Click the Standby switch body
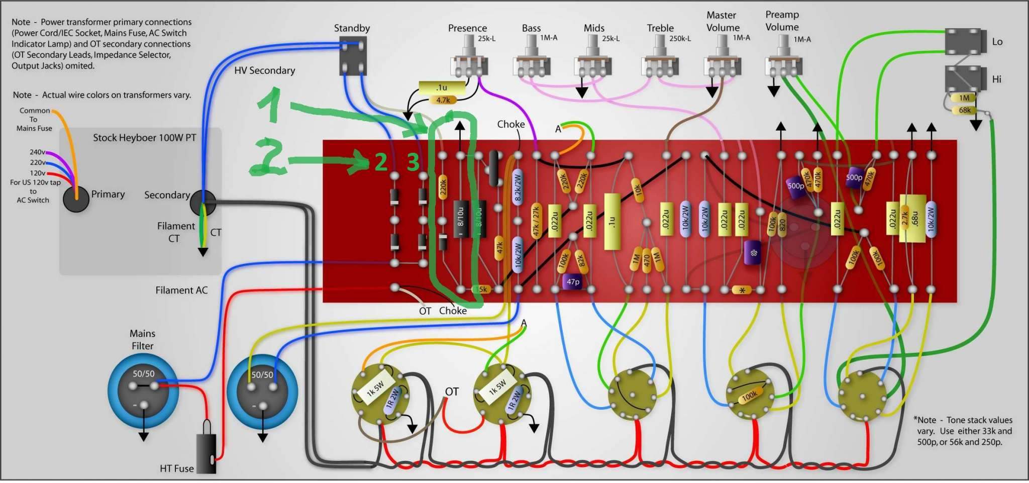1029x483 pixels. point(353,56)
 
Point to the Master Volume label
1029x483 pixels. point(723,22)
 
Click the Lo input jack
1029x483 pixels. point(962,41)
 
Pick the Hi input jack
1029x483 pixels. point(962,79)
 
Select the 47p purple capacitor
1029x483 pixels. point(573,282)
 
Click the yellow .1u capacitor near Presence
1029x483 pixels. point(442,88)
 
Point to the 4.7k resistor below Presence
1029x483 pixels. point(443,100)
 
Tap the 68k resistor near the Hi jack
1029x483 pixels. point(964,110)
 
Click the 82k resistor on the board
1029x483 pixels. point(581,260)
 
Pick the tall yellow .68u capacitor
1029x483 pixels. point(914,218)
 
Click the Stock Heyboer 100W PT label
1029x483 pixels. point(144,138)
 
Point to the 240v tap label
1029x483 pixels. point(37,152)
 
